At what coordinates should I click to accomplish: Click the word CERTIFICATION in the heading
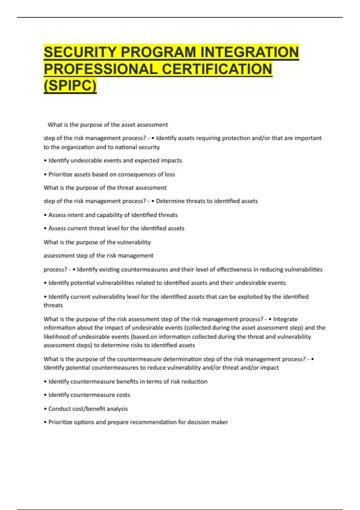pyautogui.click(x=217, y=69)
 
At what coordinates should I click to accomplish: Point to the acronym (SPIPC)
pyautogui.click(x=70, y=86)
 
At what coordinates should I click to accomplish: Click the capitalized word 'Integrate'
pyautogui.click(x=285, y=319)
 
